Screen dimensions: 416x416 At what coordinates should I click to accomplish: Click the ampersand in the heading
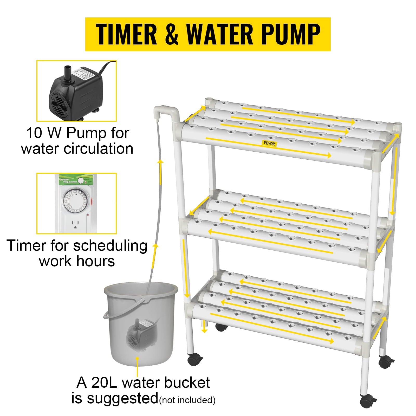[172, 34]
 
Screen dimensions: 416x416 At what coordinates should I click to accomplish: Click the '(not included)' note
[187, 400]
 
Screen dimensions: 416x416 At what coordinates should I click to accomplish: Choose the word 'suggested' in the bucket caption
[122, 398]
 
